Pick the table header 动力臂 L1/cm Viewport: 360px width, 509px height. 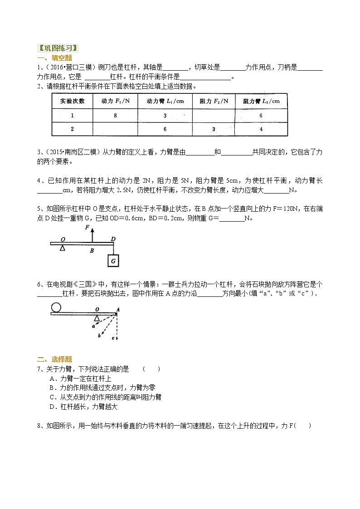165,101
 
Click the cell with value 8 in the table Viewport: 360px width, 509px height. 115,116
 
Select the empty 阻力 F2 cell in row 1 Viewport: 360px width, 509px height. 214,116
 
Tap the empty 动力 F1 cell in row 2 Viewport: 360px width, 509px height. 115,129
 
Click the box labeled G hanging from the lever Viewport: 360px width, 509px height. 113,261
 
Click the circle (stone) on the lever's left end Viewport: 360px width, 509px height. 56,307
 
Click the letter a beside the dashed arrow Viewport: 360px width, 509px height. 93,325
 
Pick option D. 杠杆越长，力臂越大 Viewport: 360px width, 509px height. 83,407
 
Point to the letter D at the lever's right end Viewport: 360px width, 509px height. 113,239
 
